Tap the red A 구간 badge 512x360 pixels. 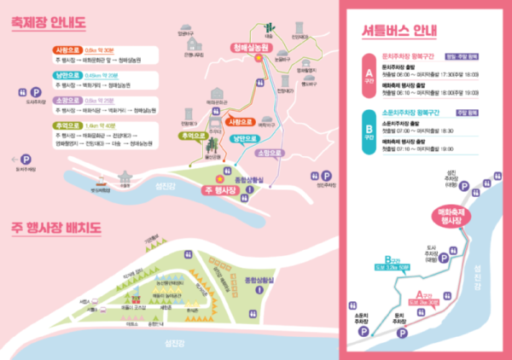pos(369,77)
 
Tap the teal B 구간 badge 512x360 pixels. pos(369,131)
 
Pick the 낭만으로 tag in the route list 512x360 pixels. pos(65,75)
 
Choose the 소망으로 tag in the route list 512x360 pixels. pos(65,100)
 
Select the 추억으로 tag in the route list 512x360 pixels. pos(65,125)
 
